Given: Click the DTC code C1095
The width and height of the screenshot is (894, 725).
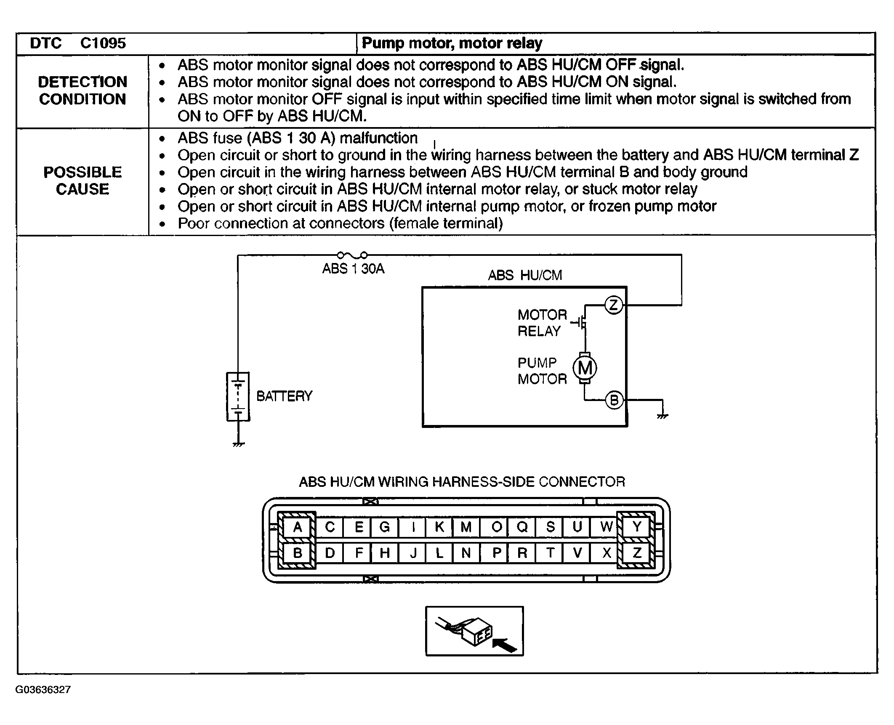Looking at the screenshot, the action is pyautogui.click(x=103, y=43).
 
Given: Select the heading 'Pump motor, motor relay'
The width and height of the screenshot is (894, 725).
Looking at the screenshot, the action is pyautogui.click(x=452, y=43).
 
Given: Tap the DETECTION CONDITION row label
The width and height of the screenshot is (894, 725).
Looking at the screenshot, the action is pyautogui.click(x=82, y=90).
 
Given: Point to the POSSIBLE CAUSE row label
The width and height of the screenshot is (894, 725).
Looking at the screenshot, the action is pyautogui.click(x=82, y=181).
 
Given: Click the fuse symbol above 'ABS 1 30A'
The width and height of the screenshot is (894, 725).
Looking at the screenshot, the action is pyautogui.click(x=352, y=255).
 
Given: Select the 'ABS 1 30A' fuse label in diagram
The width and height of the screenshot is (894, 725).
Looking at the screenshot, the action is pyautogui.click(x=353, y=269).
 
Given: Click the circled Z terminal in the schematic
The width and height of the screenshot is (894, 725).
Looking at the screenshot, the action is pyautogui.click(x=613, y=305).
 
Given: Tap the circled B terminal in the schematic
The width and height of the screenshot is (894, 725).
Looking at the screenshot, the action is pyautogui.click(x=614, y=400).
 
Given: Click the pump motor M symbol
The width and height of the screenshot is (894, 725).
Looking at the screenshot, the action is pyautogui.click(x=585, y=368).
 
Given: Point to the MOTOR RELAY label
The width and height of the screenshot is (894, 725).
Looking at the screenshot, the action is pyautogui.click(x=543, y=323).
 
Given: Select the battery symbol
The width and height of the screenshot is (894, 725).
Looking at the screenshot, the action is pyautogui.click(x=238, y=396).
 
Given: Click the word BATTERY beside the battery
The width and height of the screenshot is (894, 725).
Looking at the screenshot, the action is pyautogui.click(x=285, y=396).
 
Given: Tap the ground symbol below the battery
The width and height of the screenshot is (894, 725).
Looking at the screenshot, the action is pyautogui.click(x=239, y=444).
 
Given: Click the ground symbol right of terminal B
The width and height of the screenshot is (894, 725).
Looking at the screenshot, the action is pyautogui.click(x=663, y=416).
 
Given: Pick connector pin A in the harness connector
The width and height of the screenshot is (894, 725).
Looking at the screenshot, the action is pyautogui.click(x=298, y=527).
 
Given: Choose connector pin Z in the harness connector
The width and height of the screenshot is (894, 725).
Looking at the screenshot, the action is pyautogui.click(x=637, y=552).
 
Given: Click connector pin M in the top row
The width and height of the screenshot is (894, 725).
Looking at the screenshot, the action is pyautogui.click(x=466, y=527).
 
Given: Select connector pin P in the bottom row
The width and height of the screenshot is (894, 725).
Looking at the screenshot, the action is pyautogui.click(x=497, y=552).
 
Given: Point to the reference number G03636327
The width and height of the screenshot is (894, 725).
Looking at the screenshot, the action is pyautogui.click(x=43, y=690).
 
